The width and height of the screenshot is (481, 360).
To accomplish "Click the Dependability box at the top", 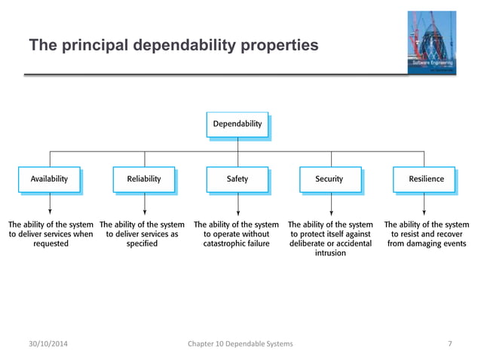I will [237, 124].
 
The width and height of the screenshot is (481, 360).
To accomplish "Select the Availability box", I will [49, 179].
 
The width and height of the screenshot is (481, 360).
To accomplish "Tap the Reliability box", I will [143, 179].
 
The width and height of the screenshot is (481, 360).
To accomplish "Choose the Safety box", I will [237, 179].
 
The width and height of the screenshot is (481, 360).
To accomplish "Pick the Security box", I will [329, 179].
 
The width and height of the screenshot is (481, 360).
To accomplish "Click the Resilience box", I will [425, 179].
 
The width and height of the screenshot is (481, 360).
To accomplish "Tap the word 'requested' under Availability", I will [51, 244].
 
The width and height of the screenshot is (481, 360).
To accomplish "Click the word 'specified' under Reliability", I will [142, 244].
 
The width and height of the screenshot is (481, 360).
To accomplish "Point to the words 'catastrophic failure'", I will [237, 244].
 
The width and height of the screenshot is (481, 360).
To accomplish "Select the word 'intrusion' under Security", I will [330, 254].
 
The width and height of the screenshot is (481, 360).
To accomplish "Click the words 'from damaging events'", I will [426, 244].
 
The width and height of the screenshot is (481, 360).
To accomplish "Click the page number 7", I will [450, 344].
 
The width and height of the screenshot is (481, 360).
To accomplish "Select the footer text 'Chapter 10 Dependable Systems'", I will [240, 344].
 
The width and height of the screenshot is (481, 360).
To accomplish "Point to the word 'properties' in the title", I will [278, 47].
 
